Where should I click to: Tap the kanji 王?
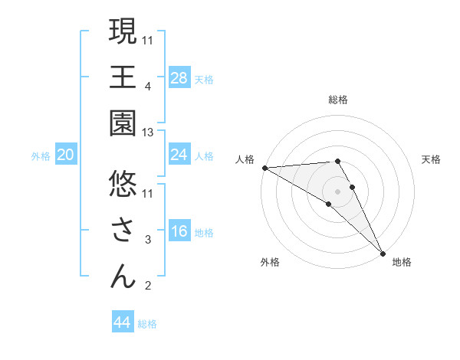(x=123, y=78)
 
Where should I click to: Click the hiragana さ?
(x=123, y=229)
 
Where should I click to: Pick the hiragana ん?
(x=123, y=276)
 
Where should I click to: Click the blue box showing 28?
(x=179, y=78)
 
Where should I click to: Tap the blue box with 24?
(x=179, y=155)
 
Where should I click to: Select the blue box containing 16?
(x=179, y=232)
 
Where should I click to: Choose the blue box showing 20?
(x=66, y=155)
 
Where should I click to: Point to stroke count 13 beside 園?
(x=148, y=133)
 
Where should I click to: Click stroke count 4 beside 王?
(x=148, y=87)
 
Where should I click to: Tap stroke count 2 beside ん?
(x=148, y=286)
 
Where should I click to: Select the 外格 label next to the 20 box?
(x=41, y=156)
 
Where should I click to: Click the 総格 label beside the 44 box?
(x=147, y=323)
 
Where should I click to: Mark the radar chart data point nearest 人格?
(x=264, y=168)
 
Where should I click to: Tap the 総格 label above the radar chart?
(x=337, y=100)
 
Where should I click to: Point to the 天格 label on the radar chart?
(x=431, y=159)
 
